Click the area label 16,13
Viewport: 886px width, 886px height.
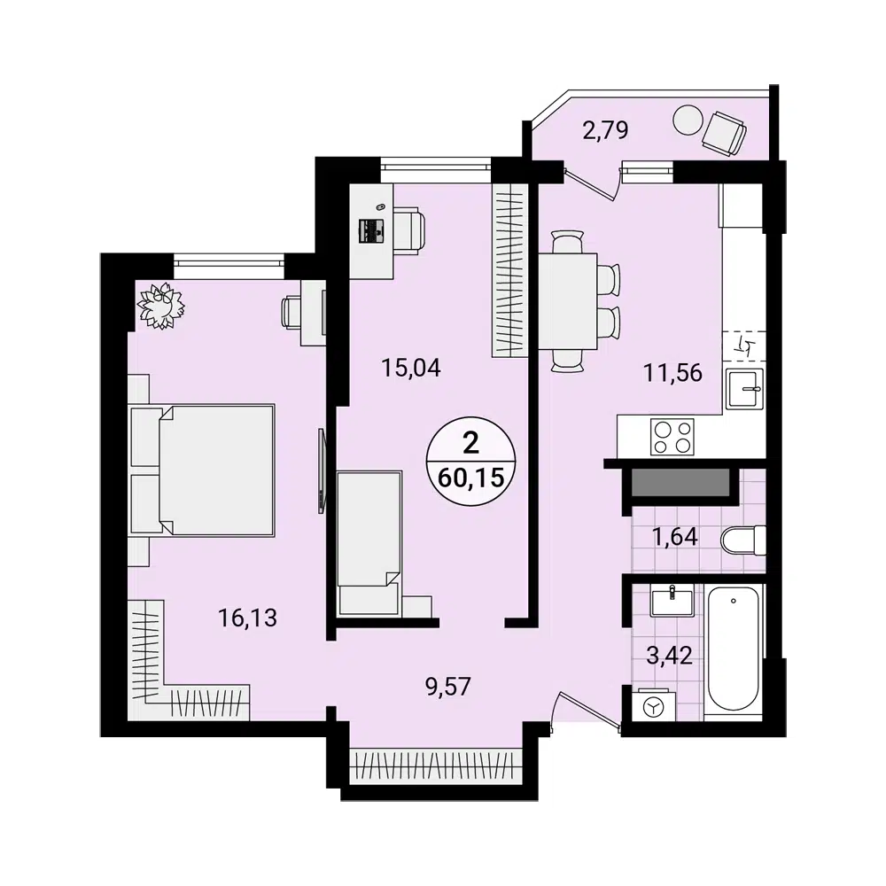point(248,618)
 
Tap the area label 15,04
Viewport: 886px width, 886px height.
point(411,366)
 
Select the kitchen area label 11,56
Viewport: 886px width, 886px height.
point(672,373)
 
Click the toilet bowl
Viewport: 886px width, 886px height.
point(742,538)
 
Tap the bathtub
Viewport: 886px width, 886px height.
point(734,647)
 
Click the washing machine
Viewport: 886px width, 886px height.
point(653,707)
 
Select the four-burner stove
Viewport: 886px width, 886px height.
point(672,436)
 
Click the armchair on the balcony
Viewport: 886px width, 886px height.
point(727,133)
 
